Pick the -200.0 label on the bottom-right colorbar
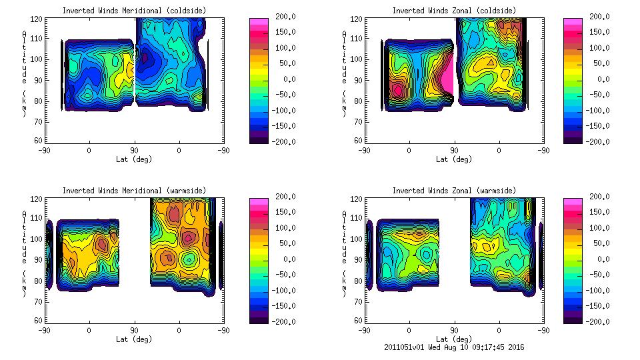pos(600,322)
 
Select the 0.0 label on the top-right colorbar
pos(605,79)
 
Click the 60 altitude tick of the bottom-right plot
pos(359,321)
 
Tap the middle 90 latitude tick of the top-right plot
pos(454,151)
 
